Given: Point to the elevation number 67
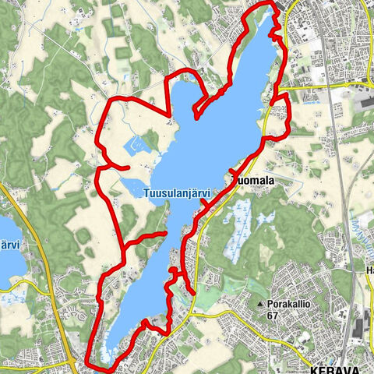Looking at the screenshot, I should pyautogui.click(x=272, y=316).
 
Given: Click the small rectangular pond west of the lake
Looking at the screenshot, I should pyautogui.click(x=135, y=144).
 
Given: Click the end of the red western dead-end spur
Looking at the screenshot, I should pyautogui.click(x=128, y=168).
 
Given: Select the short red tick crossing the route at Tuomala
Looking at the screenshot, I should pyautogui.click(x=234, y=171).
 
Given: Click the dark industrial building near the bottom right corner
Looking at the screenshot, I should pyautogui.click(x=359, y=326).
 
